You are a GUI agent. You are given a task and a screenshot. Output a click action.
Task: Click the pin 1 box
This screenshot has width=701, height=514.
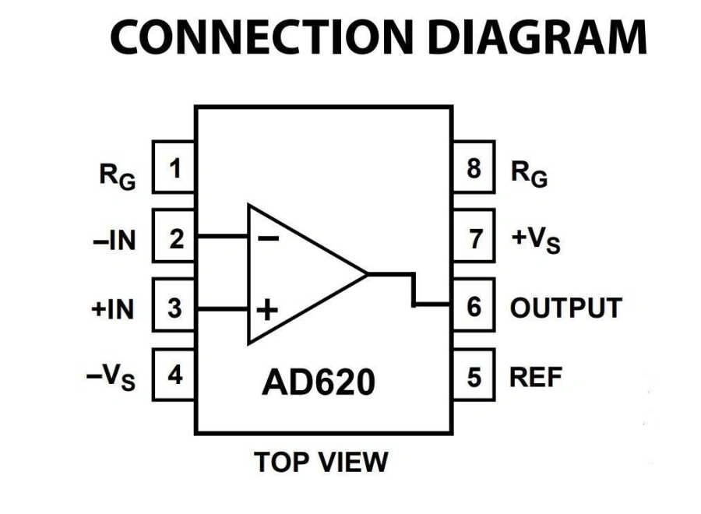(174, 167)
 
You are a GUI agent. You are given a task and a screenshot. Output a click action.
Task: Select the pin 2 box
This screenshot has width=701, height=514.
(174, 237)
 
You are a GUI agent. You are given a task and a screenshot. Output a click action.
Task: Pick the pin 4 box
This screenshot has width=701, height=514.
(174, 375)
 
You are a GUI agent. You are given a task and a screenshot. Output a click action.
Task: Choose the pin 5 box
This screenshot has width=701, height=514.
(474, 377)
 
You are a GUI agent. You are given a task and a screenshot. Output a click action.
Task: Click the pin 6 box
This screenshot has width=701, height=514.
(474, 306)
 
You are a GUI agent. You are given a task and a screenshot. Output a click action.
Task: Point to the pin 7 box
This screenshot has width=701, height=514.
(474, 238)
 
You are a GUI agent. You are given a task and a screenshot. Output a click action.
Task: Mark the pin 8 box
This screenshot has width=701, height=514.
(474, 167)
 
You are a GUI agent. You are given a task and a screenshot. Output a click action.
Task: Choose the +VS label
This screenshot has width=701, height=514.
(535, 241)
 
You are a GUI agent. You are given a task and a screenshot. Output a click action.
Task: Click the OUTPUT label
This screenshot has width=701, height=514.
(565, 308)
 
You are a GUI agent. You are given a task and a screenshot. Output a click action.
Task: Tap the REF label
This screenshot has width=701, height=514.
(535, 378)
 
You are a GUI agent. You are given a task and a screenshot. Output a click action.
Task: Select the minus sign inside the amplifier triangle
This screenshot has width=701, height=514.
(267, 238)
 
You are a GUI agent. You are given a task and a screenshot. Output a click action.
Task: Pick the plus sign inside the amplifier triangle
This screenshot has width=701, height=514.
(266, 311)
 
